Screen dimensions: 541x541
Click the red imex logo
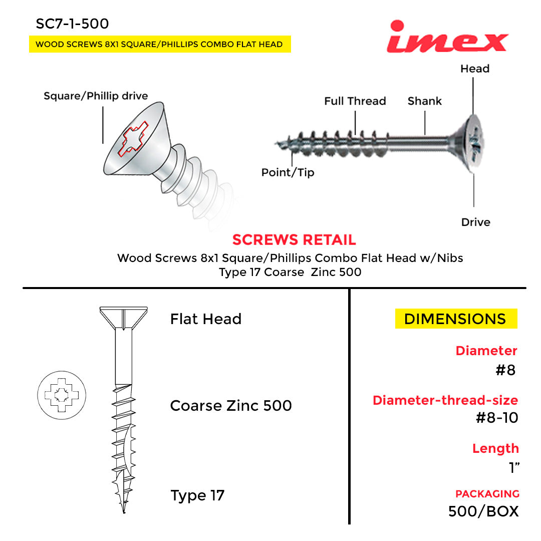tap(447, 38)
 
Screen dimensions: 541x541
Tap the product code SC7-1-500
tap(72, 24)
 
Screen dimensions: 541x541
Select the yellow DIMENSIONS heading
tap(455, 319)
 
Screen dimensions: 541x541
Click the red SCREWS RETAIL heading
tap(294, 240)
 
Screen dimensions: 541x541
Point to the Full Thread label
tap(355, 101)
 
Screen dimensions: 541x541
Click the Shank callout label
tap(424, 101)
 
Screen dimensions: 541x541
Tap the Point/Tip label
tap(288, 173)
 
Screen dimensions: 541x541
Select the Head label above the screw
tap(474, 69)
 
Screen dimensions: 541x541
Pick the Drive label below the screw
tap(475, 222)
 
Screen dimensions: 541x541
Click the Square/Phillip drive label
tap(96, 96)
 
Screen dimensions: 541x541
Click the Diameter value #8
tap(505, 370)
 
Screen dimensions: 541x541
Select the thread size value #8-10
tap(496, 417)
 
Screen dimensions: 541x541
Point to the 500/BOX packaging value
tap(483, 511)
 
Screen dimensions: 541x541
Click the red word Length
tap(495, 448)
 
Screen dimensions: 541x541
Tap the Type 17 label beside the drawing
tap(197, 495)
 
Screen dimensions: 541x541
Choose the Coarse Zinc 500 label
tap(231, 405)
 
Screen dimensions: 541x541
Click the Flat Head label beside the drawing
tap(205, 319)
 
